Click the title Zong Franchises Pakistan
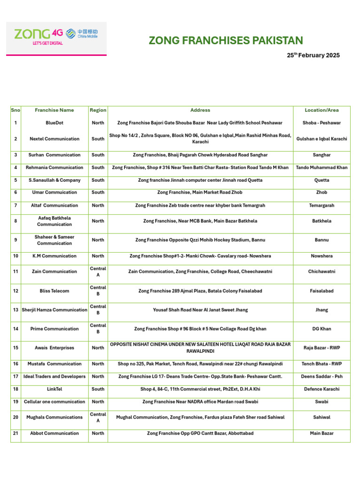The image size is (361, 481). tap(226, 40)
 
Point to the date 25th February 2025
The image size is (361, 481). tap(313, 55)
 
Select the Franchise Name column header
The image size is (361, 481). tap(55, 110)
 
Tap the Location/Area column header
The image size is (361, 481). tap(322, 110)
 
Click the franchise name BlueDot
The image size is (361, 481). tap(55, 123)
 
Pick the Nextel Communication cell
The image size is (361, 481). tap(55, 139)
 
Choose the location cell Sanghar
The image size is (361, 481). tap(322, 155)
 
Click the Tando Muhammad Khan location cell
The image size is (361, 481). tap(322, 168)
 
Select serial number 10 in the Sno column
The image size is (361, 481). tap(16, 256)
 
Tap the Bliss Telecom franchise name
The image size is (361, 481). tap(55, 291)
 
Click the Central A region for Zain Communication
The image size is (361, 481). tap(98, 272)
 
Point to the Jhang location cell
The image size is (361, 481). tap(322, 310)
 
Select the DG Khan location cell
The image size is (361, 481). tap(322, 329)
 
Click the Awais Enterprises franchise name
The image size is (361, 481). tap(55, 348)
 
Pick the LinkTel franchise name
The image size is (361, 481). tap(55, 389)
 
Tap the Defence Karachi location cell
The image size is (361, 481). tap(322, 389)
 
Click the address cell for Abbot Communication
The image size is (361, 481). tap(200, 434)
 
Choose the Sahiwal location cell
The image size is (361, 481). tap(322, 417)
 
